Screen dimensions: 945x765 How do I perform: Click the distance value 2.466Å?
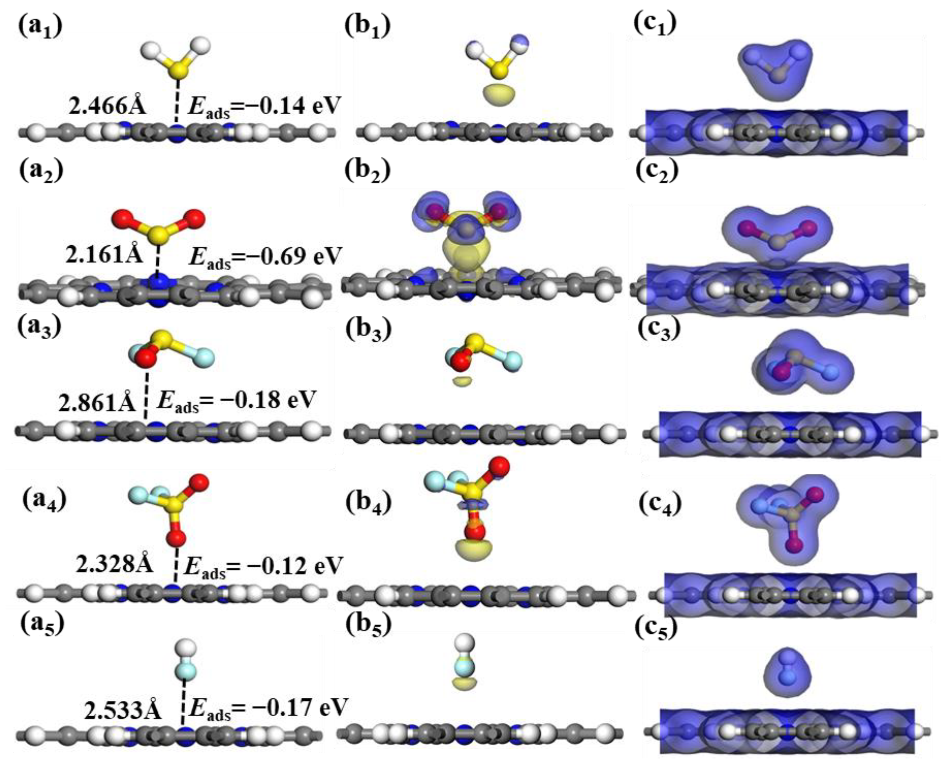(107, 106)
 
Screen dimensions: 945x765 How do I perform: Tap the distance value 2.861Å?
(97, 402)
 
